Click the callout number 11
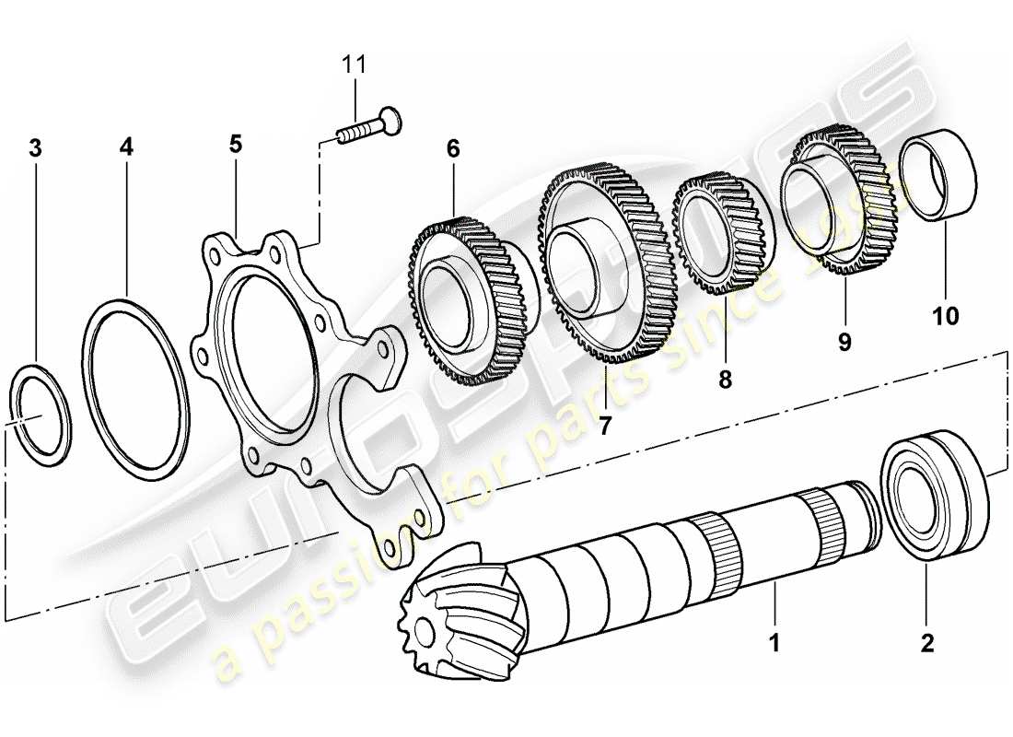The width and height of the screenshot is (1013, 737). pyautogui.click(x=355, y=64)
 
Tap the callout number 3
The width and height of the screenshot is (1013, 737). pyautogui.click(x=35, y=147)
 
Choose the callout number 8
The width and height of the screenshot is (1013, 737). pyautogui.click(x=725, y=379)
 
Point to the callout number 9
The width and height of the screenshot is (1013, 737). pyautogui.click(x=844, y=342)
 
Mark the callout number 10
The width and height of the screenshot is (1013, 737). pyautogui.click(x=945, y=316)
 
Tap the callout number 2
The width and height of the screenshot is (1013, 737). pyautogui.click(x=926, y=640)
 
